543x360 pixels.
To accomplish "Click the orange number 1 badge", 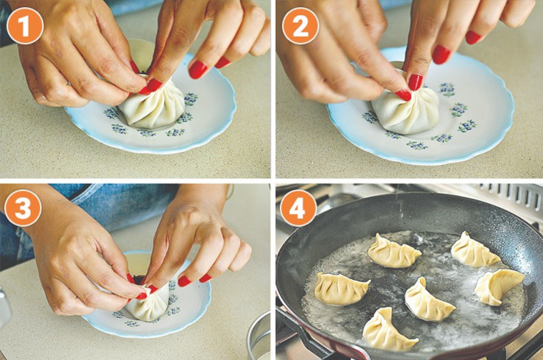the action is point(24,26).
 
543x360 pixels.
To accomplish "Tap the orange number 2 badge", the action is point(300,26).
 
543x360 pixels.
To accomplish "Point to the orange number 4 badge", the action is point(298,208).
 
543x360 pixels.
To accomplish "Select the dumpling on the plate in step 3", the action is point(147,303).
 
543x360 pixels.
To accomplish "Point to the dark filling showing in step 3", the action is point(140,279).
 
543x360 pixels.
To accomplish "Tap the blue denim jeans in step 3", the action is point(104,208).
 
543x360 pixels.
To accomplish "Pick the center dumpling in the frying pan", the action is point(428,300).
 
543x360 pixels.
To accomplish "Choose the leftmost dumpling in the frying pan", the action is point(342,289).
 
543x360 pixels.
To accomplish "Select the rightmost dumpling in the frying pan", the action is point(498,286).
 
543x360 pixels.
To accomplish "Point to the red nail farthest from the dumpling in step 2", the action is point(473,37).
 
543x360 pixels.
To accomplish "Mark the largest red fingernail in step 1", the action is point(198,69).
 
